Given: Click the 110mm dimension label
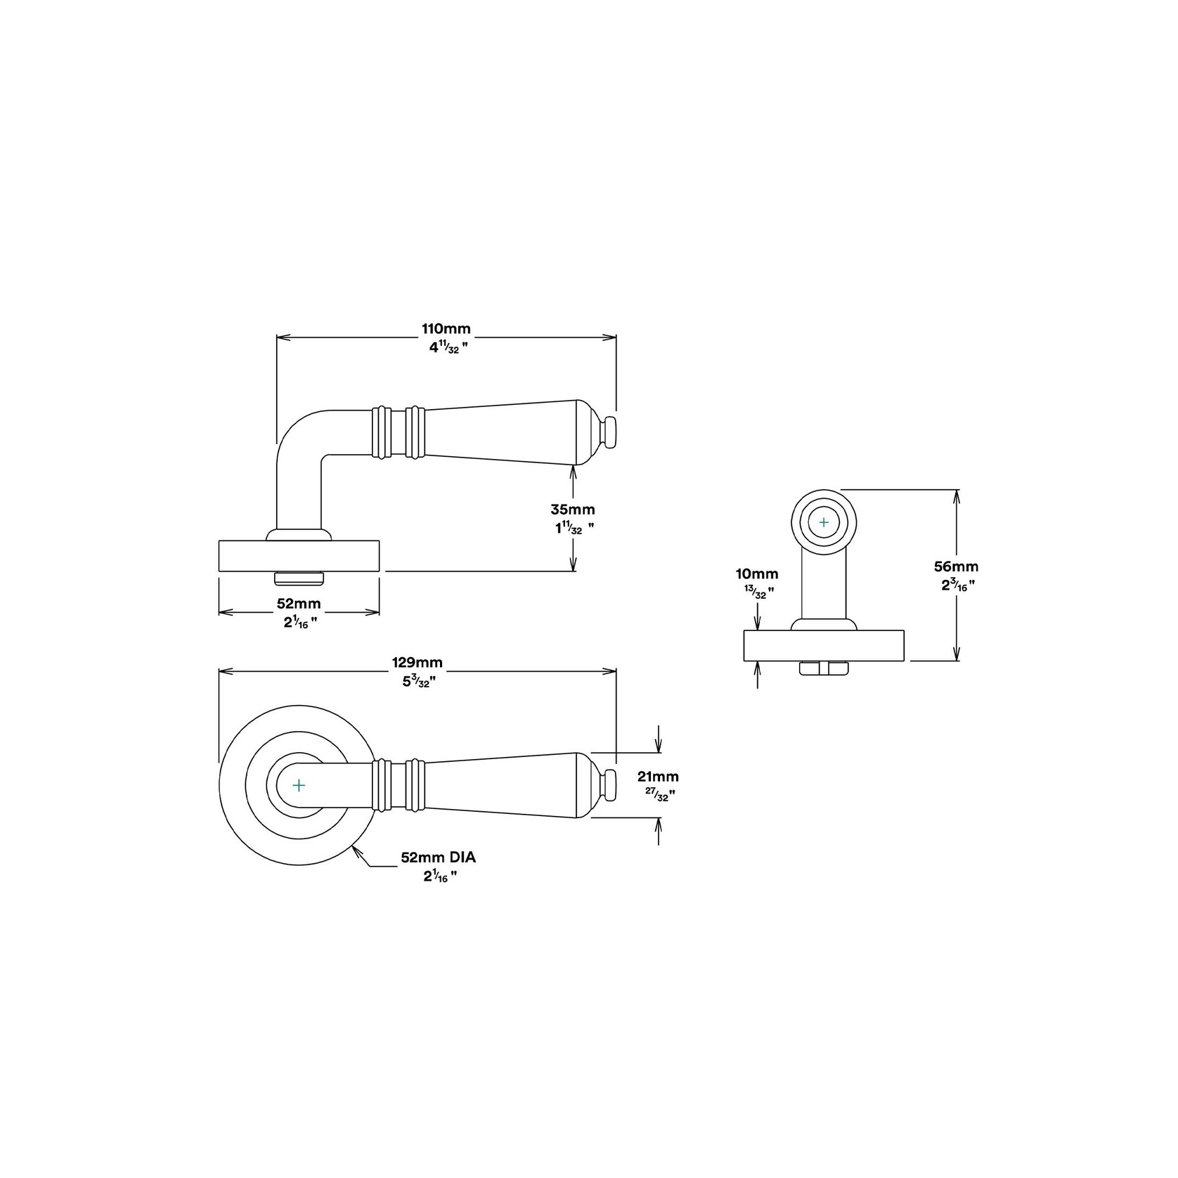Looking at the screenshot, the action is [446, 329].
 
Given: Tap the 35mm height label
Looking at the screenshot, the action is [572, 510].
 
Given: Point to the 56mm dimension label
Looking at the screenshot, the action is [956, 567].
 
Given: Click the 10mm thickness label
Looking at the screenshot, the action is [756, 574].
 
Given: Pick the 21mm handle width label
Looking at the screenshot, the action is [657, 777].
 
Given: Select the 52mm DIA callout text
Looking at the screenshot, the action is [433, 857].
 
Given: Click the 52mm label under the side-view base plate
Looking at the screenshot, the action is [299, 603].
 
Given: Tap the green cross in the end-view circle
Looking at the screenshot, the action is [824, 522].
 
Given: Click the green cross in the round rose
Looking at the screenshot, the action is [299, 784].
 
